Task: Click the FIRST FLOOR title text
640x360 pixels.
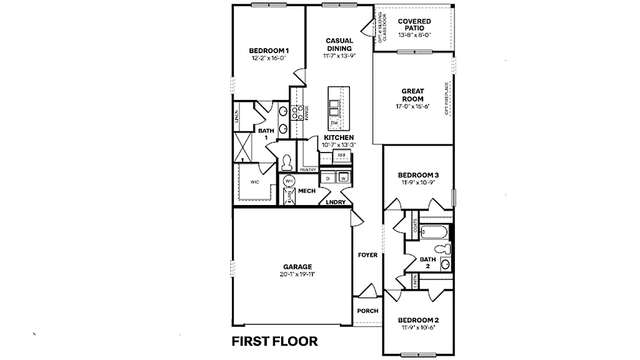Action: click(274, 341)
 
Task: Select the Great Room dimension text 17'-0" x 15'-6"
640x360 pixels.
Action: click(412, 107)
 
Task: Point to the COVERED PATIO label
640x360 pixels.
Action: click(414, 25)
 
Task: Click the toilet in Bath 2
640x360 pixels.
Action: click(445, 249)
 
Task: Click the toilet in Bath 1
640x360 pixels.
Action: click(287, 162)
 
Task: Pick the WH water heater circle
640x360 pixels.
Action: click(289, 181)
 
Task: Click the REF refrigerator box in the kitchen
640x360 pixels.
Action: click(341, 155)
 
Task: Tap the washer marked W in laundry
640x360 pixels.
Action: click(343, 178)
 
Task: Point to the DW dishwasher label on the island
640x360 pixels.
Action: click(334, 123)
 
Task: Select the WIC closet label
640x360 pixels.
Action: click(255, 182)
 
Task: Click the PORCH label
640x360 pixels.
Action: click(367, 311)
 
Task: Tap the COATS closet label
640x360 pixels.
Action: click(414, 225)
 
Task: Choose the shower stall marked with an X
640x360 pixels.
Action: click(242, 146)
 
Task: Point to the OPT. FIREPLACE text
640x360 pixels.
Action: click(446, 98)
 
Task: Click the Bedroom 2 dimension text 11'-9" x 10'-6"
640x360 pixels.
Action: click(417, 327)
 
